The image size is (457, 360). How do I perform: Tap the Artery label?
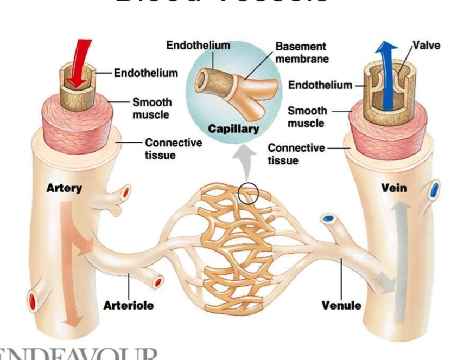64,189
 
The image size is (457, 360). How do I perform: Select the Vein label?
394,188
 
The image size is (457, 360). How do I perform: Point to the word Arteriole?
128,306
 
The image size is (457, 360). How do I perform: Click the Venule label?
341,305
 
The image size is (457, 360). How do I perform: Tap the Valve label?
426,45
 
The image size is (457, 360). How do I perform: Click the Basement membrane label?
302,53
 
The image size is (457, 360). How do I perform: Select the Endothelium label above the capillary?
198,46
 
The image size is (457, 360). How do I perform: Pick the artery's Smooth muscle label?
152,108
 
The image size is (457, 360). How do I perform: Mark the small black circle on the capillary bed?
248,193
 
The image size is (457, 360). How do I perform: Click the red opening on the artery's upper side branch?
126,192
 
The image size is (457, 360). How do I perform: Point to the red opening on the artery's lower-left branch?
33,300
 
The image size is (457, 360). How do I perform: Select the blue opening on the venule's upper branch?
328,218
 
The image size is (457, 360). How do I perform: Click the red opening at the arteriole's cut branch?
158,282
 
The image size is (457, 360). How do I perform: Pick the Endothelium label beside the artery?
145,73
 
